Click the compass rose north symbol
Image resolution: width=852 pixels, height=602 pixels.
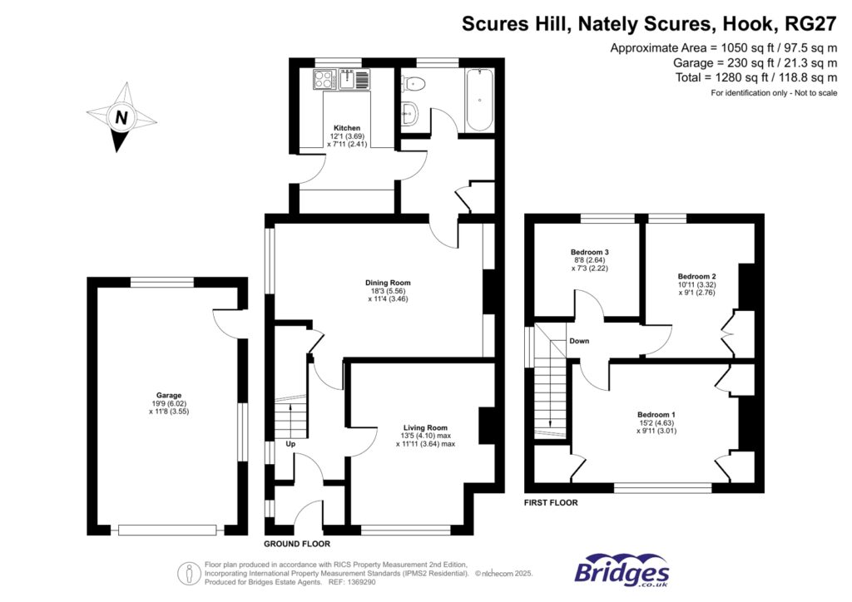[x=121, y=117]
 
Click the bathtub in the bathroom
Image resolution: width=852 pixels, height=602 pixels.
[x=478, y=101]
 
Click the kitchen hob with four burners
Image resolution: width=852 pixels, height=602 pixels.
[x=324, y=80]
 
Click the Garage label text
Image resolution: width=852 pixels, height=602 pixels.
[x=168, y=395]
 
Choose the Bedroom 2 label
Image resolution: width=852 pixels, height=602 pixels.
[x=696, y=276]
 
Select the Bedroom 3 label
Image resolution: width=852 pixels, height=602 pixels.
[x=589, y=252]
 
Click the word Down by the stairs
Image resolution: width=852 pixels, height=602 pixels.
[x=579, y=342]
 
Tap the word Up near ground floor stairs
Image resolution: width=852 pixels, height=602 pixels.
[x=290, y=444]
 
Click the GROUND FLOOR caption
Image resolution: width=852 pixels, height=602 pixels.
[x=296, y=545]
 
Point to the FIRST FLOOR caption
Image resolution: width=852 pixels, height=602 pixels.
[x=551, y=503]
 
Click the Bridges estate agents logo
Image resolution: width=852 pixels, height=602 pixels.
[x=622, y=572]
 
